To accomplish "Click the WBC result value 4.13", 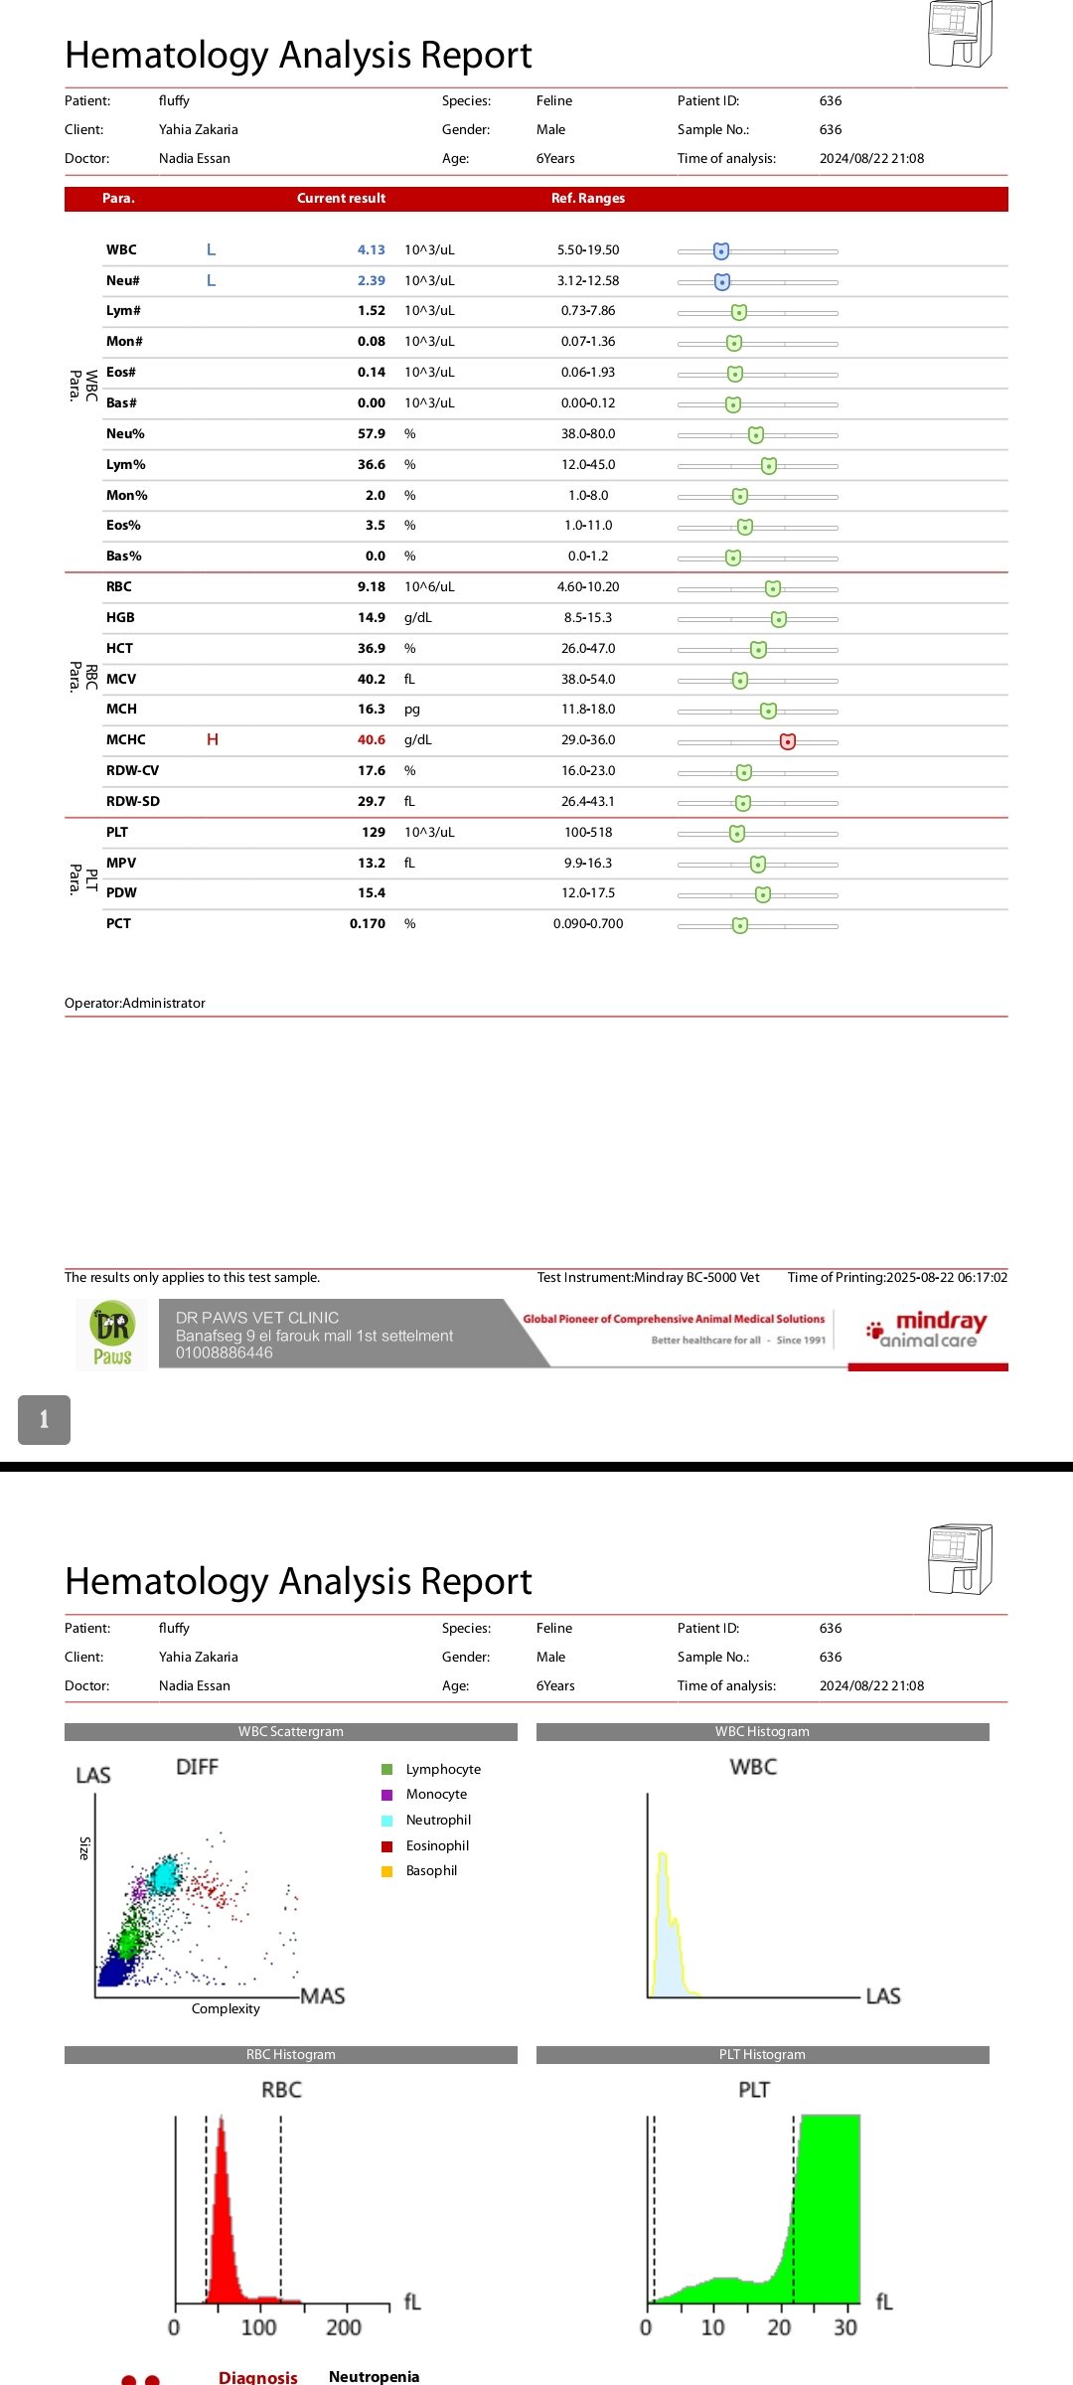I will click(x=371, y=250).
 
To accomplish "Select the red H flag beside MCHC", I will click(x=213, y=739).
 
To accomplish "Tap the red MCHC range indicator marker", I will click(x=788, y=741).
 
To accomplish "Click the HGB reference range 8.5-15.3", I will click(x=588, y=618).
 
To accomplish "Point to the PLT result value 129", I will click(x=374, y=833).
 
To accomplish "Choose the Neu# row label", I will click(x=123, y=281).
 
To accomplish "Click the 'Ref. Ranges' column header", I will click(x=588, y=199).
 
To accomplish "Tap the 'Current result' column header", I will click(x=341, y=199).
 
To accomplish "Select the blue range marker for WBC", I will click(x=721, y=251).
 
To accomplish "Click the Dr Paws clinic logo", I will click(x=112, y=1335).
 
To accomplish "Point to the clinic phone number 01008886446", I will click(x=225, y=1352).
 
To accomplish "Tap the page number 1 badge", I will click(x=44, y=1419).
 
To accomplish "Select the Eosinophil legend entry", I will click(x=437, y=1845).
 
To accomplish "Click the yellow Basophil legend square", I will click(x=387, y=1871).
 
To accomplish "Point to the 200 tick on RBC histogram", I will click(x=344, y=2327).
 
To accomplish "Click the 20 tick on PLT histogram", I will click(x=779, y=2327).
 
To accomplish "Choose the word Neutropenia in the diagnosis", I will click(x=374, y=2376).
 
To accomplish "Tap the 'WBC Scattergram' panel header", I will click(x=291, y=1731).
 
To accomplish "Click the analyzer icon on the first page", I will click(x=960, y=35).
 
